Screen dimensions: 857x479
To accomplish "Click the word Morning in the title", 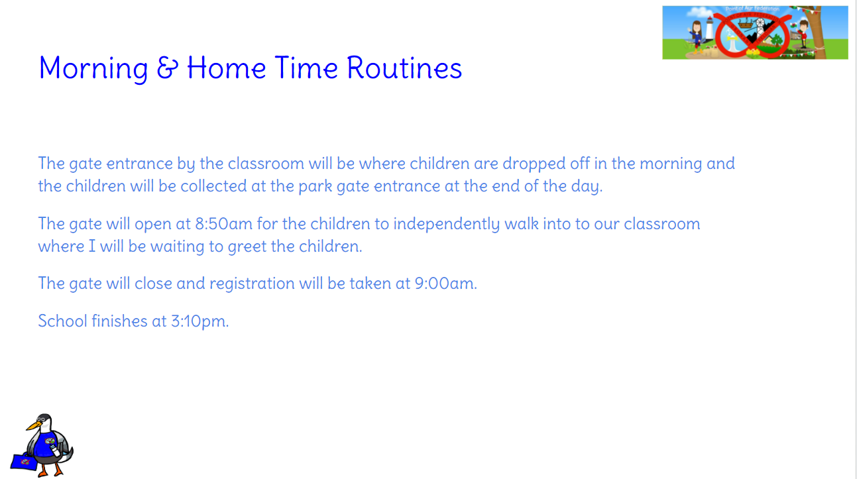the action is [x=93, y=69].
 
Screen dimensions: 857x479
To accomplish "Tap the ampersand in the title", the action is [x=168, y=68].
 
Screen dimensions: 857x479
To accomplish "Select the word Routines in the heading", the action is [x=404, y=68].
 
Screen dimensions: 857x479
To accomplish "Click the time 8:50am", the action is [x=224, y=224].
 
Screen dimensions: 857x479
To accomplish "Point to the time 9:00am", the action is [x=445, y=284].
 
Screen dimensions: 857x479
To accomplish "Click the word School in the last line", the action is [x=63, y=321].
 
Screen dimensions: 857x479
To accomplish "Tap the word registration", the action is [x=252, y=284].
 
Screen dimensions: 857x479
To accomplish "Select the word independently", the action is [x=447, y=225].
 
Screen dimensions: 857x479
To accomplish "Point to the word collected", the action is [x=213, y=186].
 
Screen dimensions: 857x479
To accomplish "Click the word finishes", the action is [x=119, y=321].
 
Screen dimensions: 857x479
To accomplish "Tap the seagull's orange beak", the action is [x=33, y=425].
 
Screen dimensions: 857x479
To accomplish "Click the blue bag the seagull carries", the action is [x=24, y=461].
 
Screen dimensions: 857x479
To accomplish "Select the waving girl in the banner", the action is [x=697, y=37].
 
